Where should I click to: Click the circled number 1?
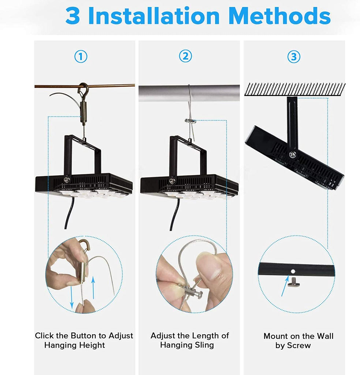coord(81,57)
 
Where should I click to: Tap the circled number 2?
coord(185,56)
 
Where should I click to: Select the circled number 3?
coord(293,57)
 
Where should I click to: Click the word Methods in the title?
coord(279,16)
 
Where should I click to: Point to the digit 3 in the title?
coord(72,16)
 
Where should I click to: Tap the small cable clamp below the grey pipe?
coord(190,121)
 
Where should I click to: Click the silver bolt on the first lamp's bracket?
coord(67,179)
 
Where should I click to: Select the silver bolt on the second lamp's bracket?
coord(172,181)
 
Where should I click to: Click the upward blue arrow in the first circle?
coord(93,288)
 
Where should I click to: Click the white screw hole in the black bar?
coord(293,271)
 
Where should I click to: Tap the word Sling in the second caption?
coord(204,345)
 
